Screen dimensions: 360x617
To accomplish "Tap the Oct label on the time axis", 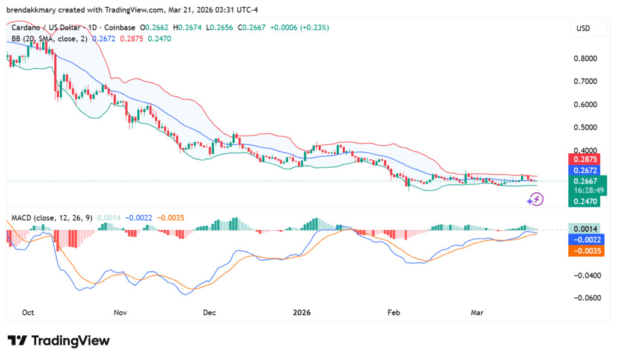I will [x=28, y=312].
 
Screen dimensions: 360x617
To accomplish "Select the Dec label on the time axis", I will [x=209, y=312].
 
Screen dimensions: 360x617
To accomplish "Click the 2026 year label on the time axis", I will [x=301, y=312].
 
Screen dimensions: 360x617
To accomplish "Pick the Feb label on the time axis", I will [x=393, y=312].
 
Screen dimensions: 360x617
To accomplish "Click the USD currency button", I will [x=583, y=28].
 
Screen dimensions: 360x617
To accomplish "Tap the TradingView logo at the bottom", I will [x=58, y=341].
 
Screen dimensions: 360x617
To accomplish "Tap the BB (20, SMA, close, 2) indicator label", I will [x=49, y=39].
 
